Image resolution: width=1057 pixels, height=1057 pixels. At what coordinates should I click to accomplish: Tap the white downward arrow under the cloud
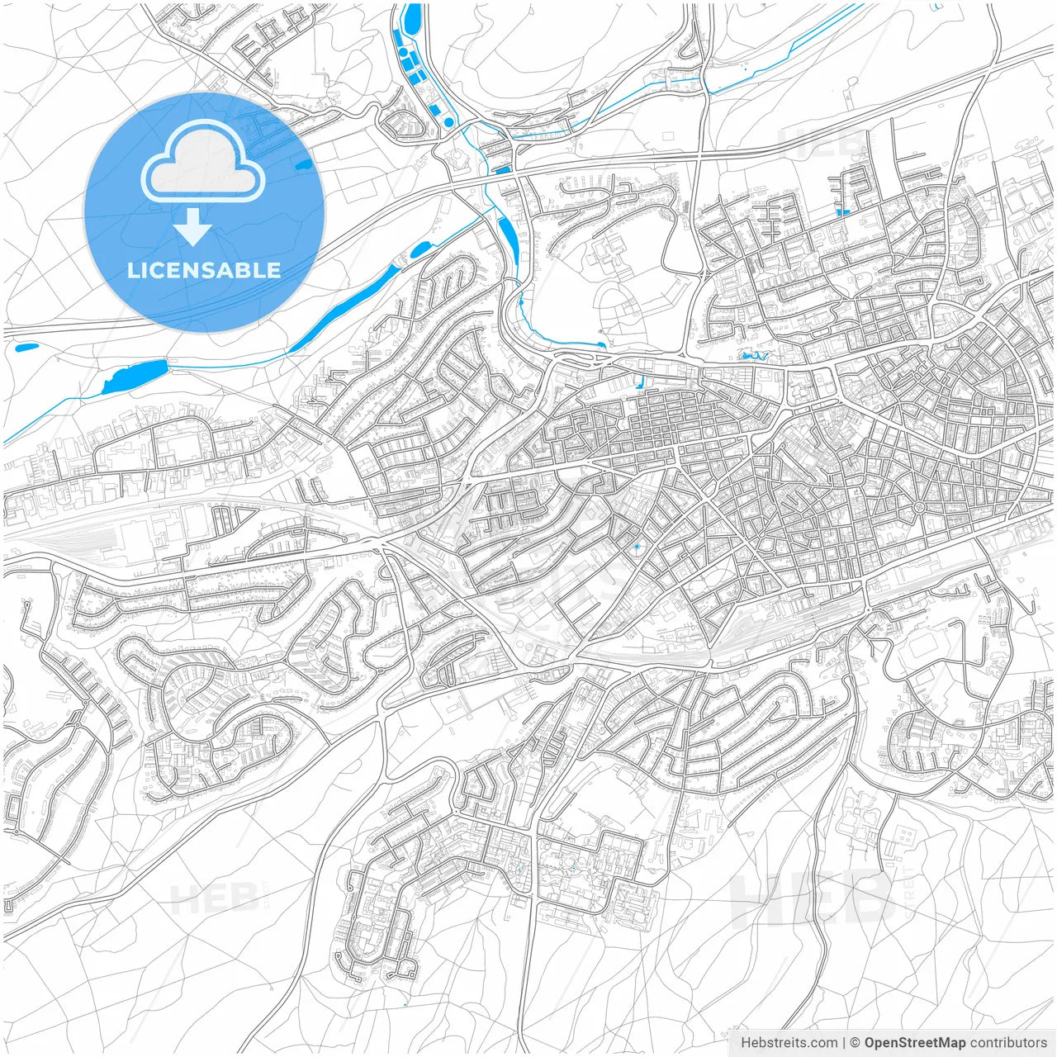[x=192, y=227]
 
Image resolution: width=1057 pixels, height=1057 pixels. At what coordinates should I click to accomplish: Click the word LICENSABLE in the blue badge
[x=204, y=270]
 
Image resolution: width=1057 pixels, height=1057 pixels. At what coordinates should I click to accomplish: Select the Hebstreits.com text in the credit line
[x=789, y=1043]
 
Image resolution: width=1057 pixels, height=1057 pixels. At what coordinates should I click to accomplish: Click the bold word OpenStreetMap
[x=915, y=1043]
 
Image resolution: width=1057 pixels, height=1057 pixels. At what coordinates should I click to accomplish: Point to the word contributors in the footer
[x=1008, y=1043]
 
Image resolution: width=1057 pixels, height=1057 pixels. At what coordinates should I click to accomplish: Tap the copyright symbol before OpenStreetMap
[x=856, y=1043]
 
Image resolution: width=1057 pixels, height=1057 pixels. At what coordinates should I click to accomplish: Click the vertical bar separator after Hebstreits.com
[x=844, y=1043]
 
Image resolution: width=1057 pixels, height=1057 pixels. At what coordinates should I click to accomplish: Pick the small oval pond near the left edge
[x=26, y=348]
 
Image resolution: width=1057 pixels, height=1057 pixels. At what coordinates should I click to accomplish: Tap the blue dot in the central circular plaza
[x=636, y=547]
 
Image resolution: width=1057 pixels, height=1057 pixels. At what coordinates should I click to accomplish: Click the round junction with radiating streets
[x=918, y=506]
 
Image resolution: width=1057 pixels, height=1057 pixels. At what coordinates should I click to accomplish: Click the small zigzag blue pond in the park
[x=754, y=356]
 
